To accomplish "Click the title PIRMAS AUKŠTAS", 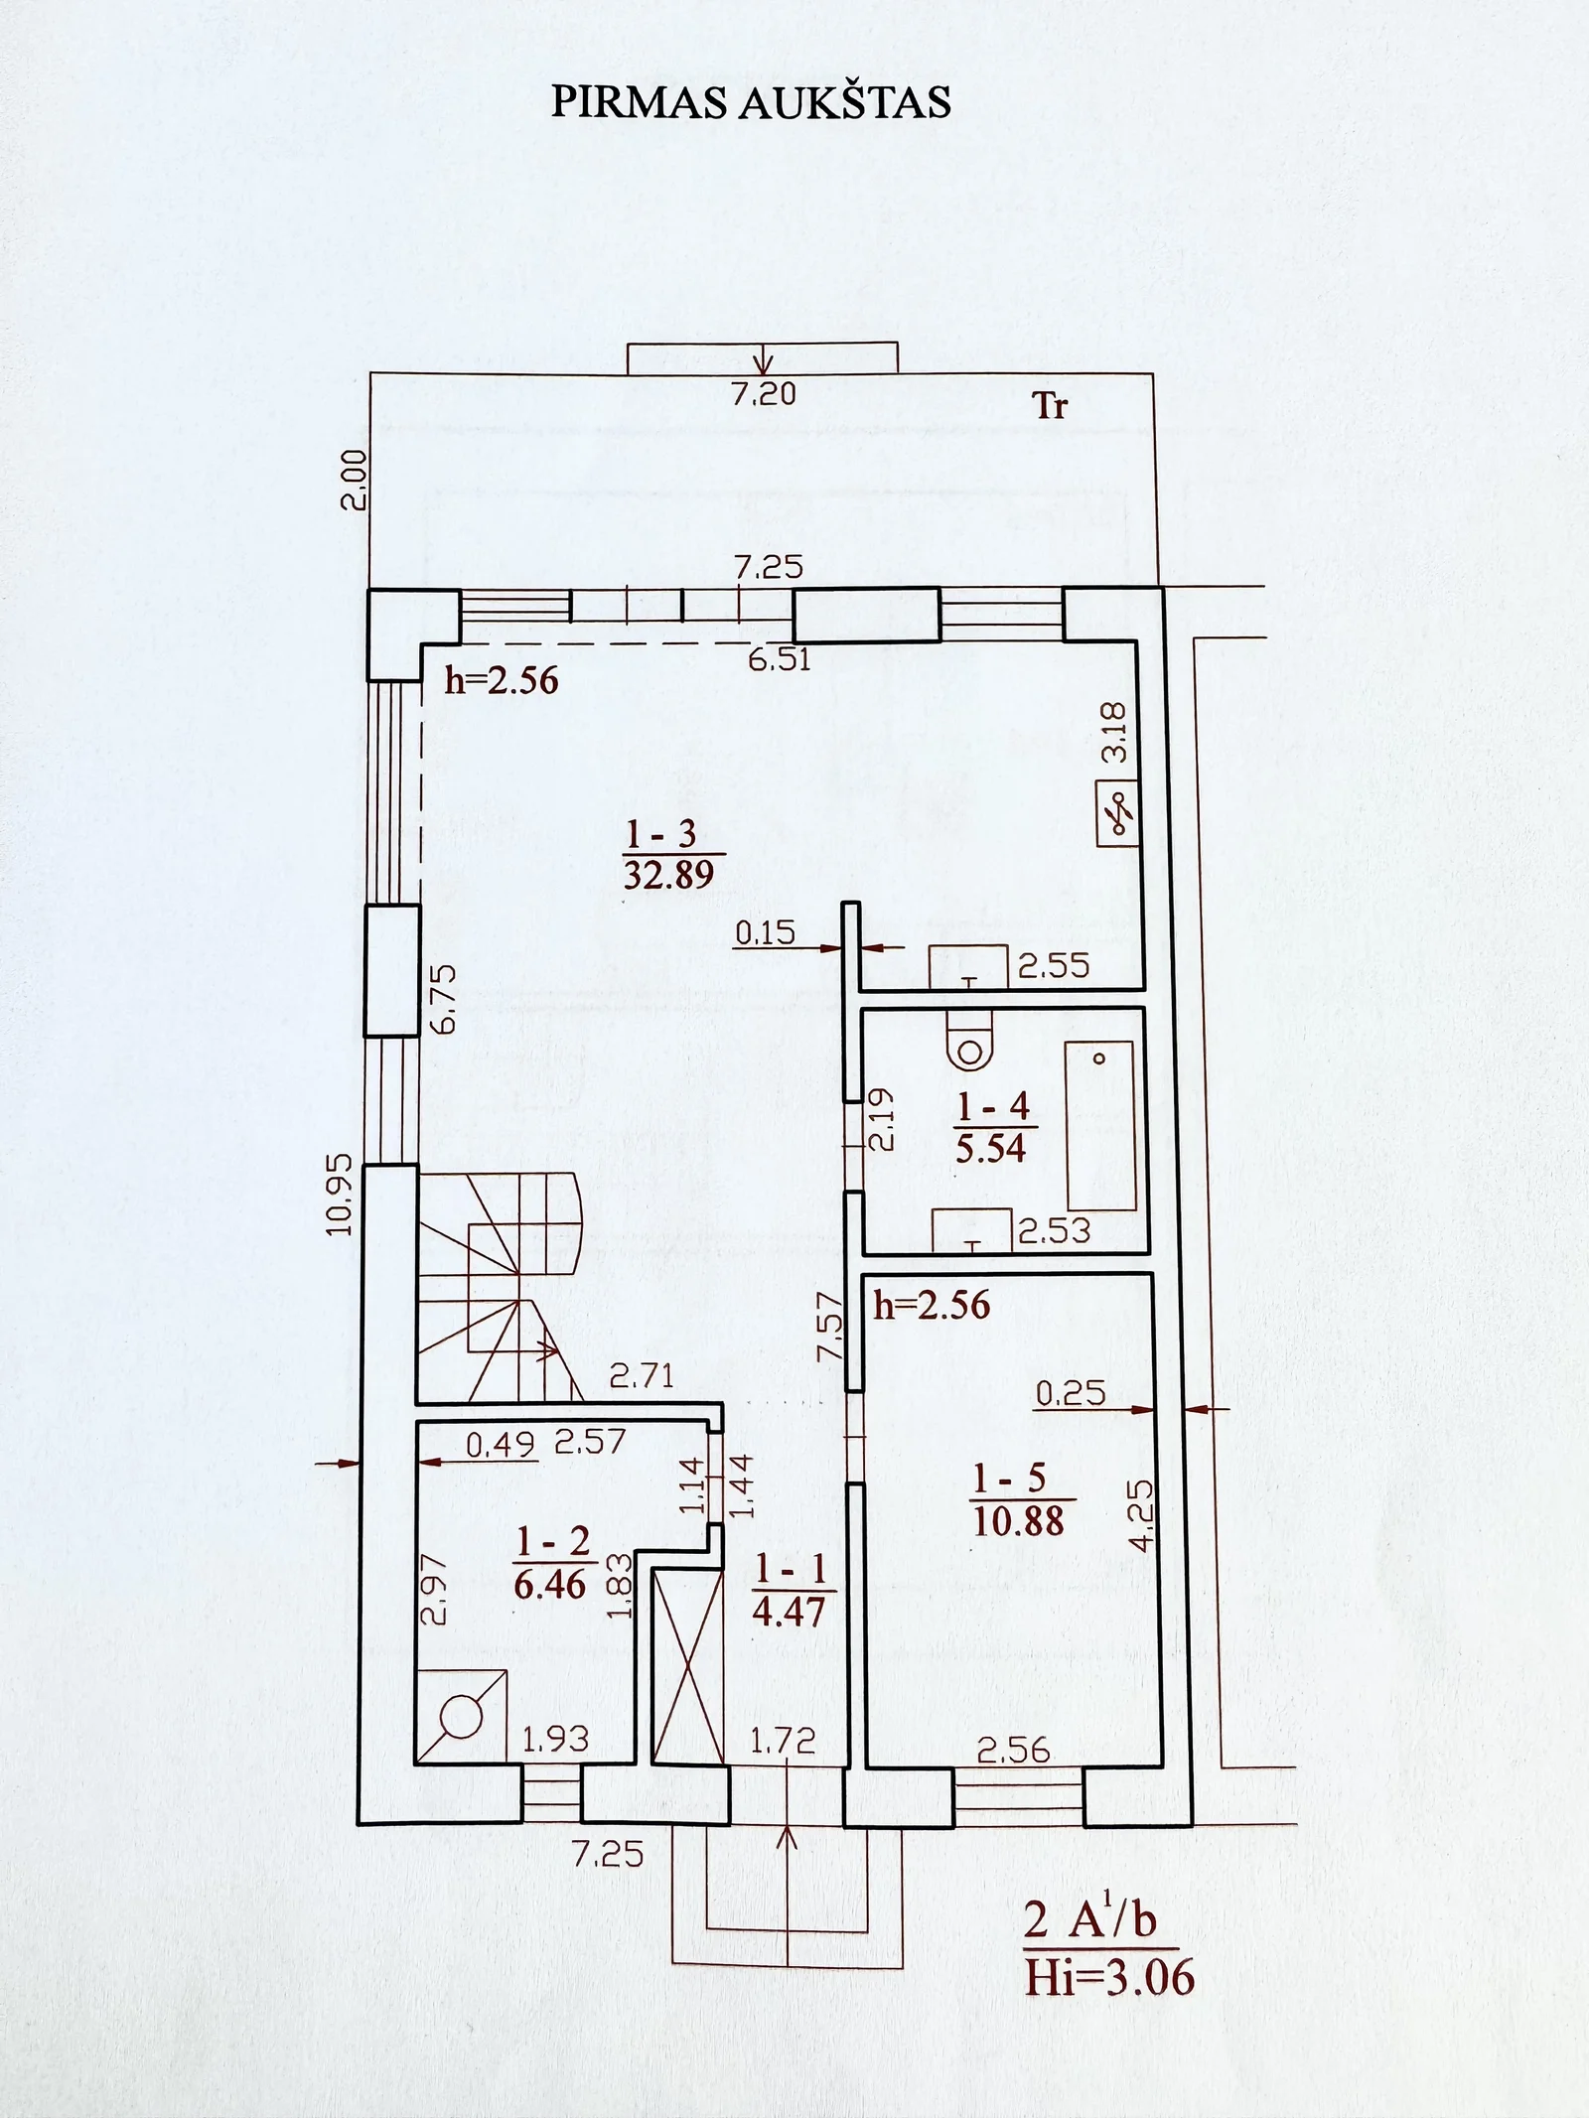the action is (x=751, y=101).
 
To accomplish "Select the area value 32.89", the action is (x=669, y=875).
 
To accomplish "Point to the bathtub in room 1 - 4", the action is (x=1100, y=1125).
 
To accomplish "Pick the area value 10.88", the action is (x=1019, y=1520).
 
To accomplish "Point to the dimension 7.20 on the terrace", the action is (x=764, y=394).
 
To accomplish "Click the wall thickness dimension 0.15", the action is (x=766, y=932).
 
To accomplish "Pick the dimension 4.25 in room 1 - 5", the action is (x=1142, y=1515).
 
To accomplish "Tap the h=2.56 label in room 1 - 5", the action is (x=932, y=1305).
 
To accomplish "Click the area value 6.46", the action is (x=550, y=1584).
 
